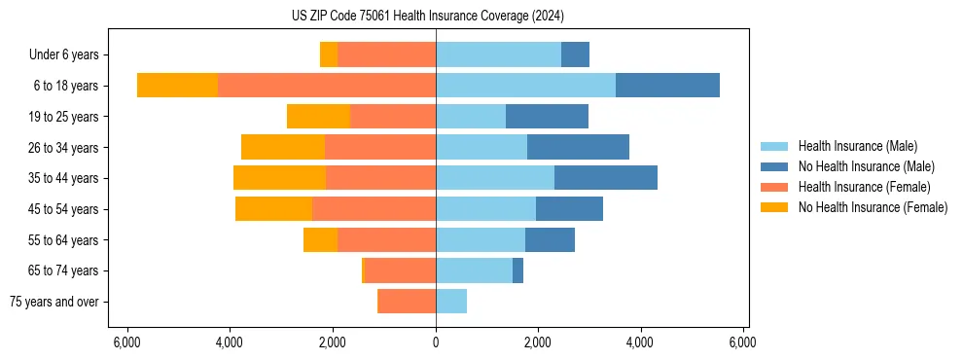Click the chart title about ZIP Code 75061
(427, 16)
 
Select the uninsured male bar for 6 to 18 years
(667, 86)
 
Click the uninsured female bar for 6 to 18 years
(177, 86)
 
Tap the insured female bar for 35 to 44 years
(380, 178)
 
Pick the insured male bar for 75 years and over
(451, 302)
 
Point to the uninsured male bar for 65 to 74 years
(517, 270)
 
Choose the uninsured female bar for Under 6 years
(329, 54)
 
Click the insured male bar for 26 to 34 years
(481, 147)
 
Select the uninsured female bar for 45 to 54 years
(273, 209)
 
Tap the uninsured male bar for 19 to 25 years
(547, 117)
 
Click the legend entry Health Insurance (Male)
(857, 146)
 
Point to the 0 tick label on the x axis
(436, 342)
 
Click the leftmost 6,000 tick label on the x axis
(127, 342)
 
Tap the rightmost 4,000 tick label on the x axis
(640, 342)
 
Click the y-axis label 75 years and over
(53, 302)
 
